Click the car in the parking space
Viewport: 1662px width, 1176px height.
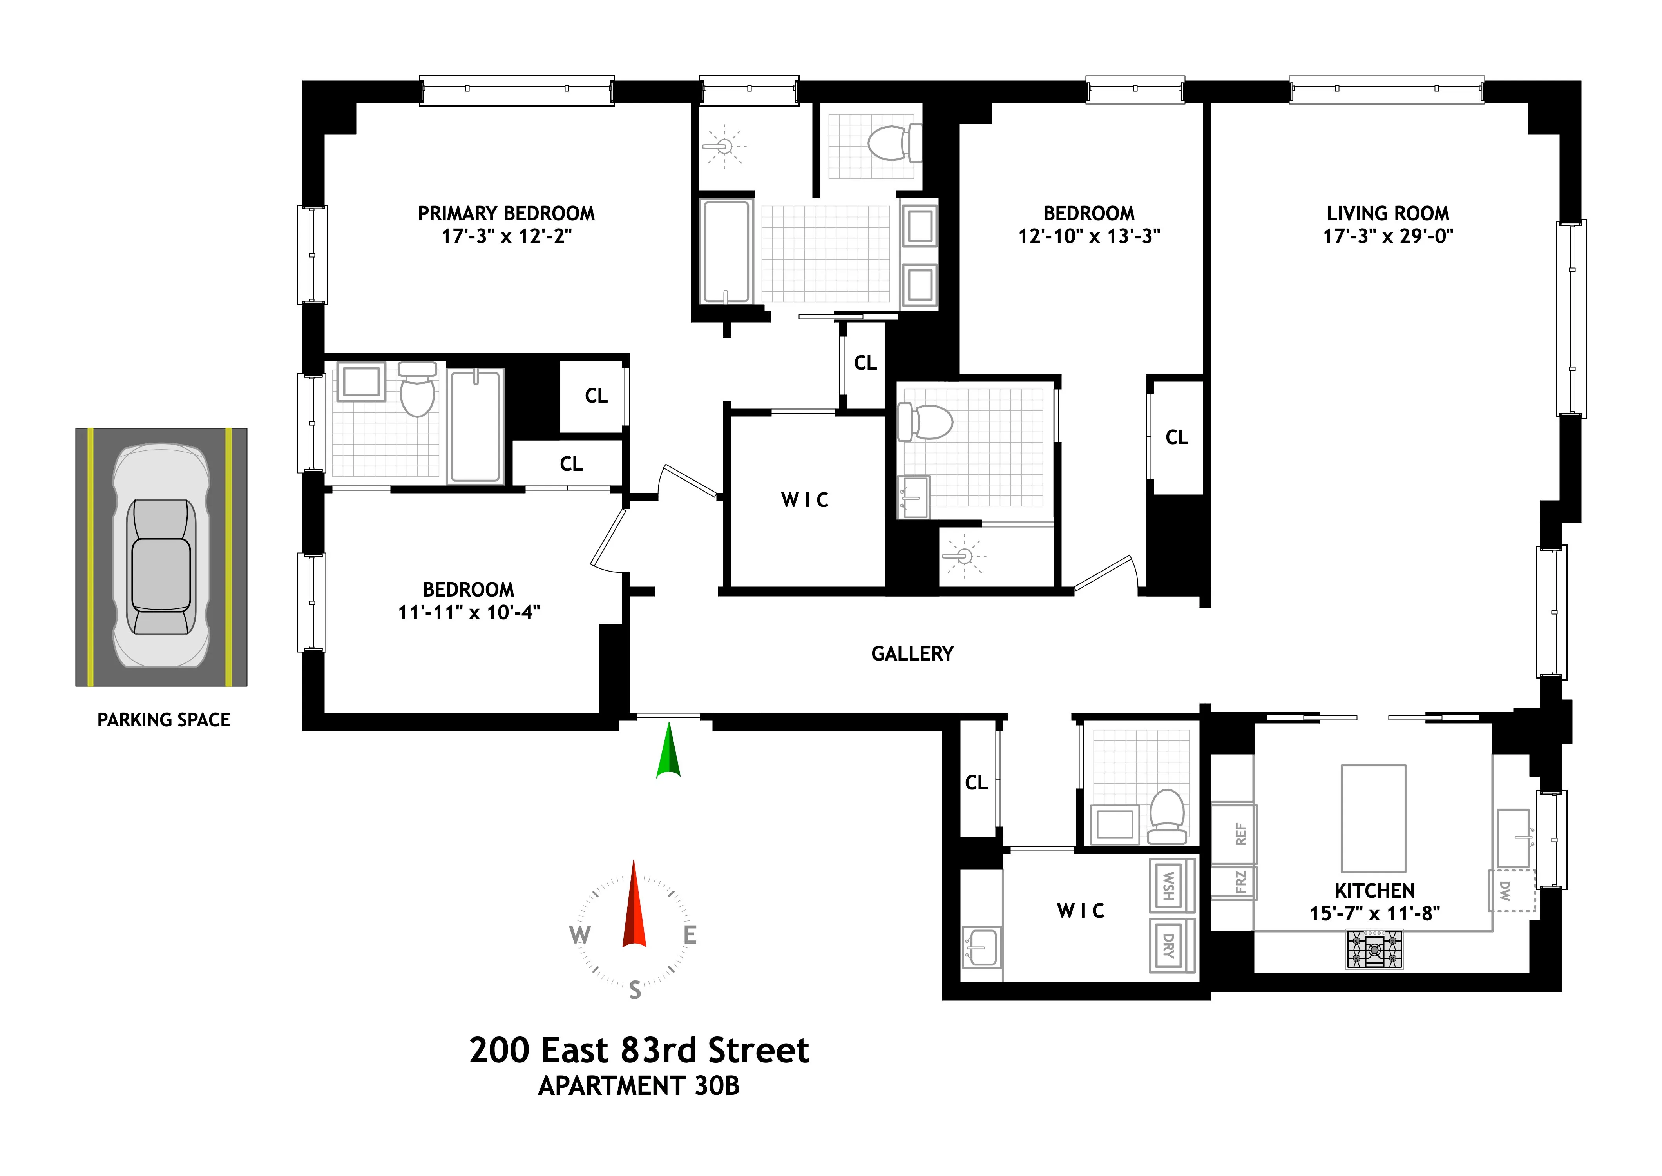(161, 555)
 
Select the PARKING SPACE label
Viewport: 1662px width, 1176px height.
(164, 720)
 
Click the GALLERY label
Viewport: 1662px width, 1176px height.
(912, 654)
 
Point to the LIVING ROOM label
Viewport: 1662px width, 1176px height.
(1388, 214)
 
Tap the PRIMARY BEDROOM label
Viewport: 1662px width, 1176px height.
(506, 214)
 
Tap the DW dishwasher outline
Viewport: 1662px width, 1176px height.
(1512, 891)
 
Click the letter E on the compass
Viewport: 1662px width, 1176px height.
(690, 936)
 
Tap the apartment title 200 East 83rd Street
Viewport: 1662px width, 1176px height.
(639, 1051)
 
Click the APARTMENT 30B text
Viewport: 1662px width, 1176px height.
(639, 1086)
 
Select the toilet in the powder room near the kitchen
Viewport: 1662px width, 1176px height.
(1166, 816)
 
